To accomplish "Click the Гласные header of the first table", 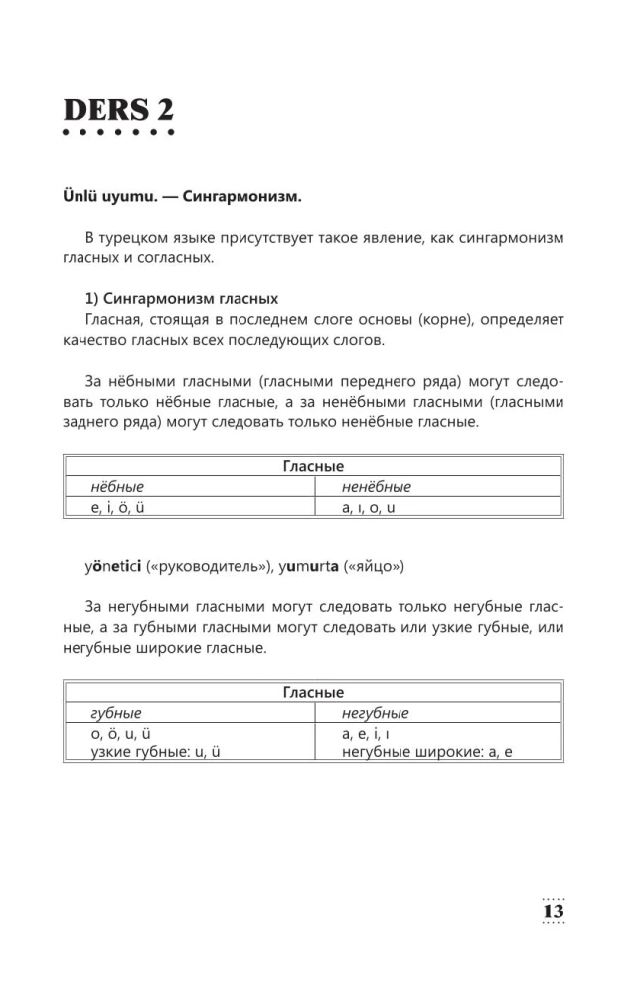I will [x=313, y=465].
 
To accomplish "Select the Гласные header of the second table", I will [x=313, y=692].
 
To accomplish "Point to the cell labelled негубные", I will [x=375, y=713].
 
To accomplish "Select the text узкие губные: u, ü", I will [x=154, y=752].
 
